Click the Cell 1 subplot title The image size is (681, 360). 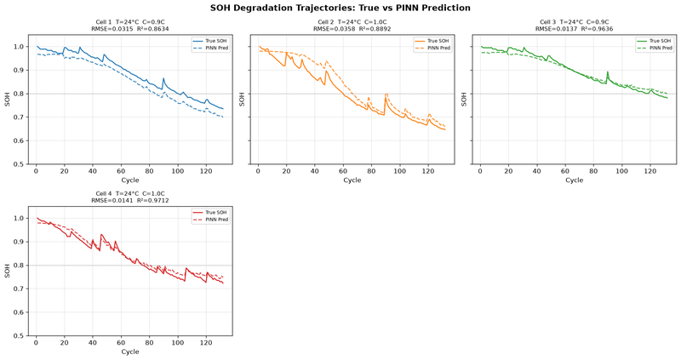(130, 22)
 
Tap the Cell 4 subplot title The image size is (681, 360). (130, 194)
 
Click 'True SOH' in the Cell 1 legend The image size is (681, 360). (216, 41)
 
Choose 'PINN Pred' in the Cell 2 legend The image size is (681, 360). (438, 48)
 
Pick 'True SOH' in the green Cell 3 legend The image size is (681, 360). (661, 41)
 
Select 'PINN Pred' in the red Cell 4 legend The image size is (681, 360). (217, 220)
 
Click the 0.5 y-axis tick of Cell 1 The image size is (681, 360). (19, 164)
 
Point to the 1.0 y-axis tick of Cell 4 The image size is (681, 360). (19, 219)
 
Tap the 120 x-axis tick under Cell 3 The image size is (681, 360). (650, 171)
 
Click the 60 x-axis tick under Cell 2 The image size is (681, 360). (343, 171)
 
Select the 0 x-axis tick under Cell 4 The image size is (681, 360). (36, 343)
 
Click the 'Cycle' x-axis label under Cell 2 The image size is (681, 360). (352, 180)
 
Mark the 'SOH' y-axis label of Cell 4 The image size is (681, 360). (8, 271)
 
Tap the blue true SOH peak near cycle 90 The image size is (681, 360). (163, 78)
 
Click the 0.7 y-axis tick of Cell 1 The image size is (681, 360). (19, 117)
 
